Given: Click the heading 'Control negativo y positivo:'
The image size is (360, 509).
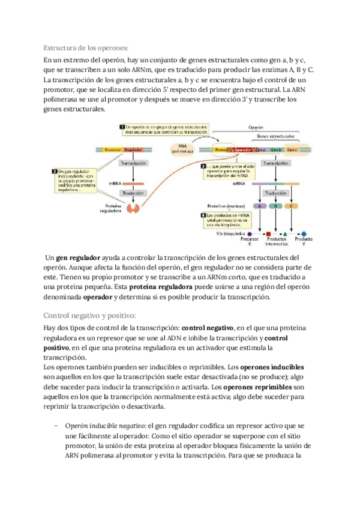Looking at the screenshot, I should point(91,316).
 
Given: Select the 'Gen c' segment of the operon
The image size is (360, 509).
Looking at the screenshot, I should point(292,149).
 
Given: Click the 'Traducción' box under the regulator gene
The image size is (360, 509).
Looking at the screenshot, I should point(133,193).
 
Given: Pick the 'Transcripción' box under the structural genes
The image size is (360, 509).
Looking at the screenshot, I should point(275,163).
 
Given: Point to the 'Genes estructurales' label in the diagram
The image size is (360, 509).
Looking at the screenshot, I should point(275,137).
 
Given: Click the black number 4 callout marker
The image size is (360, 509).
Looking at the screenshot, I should point(203,215).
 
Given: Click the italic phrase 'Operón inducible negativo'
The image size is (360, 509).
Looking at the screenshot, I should point(100,426).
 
